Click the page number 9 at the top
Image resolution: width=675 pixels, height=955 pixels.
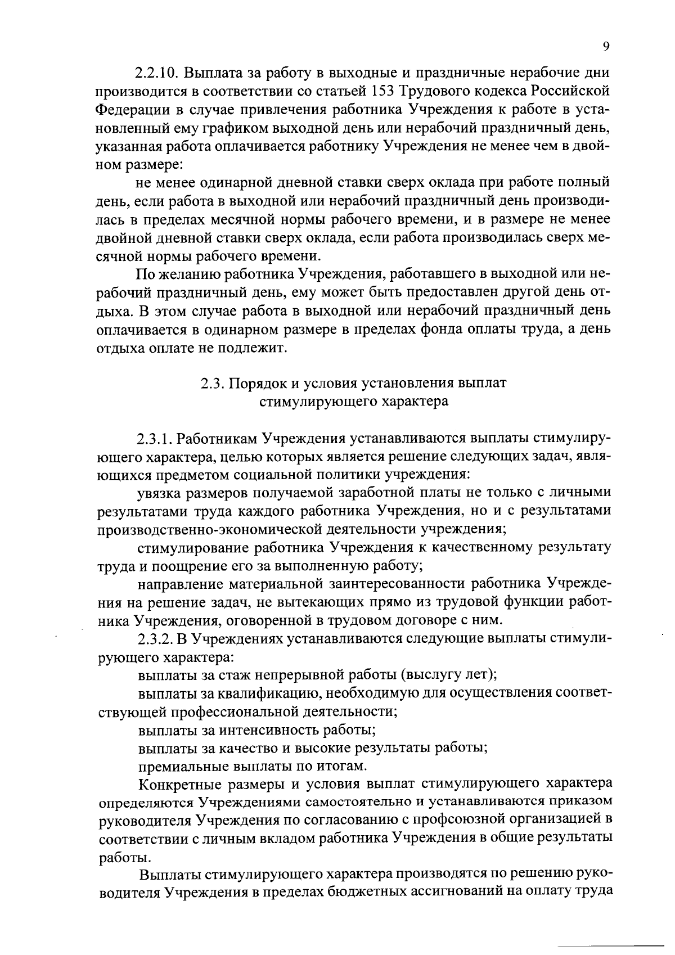point(606,47)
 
